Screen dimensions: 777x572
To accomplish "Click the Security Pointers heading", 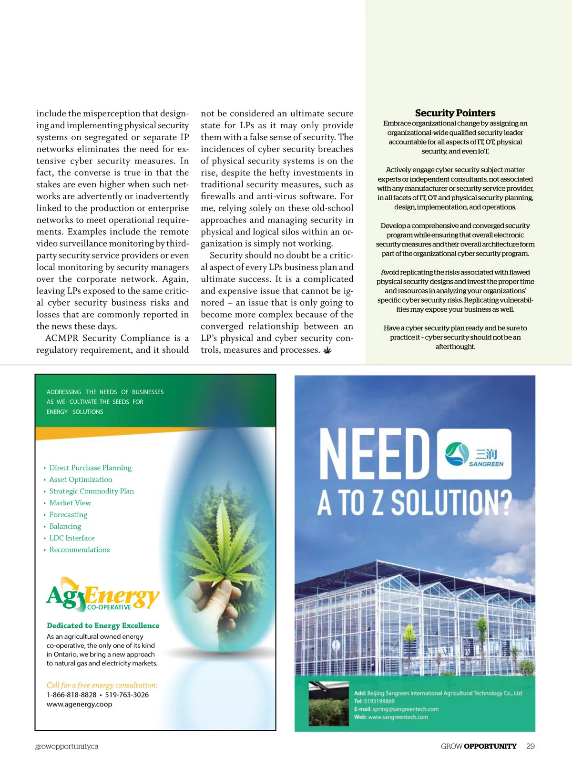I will [455, 113].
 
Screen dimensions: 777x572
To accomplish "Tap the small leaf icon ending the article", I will [327, 350].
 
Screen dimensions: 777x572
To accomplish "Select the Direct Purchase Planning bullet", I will [90, 468].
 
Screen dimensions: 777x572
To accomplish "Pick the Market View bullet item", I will [70, 503].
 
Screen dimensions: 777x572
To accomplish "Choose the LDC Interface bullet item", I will [72, 538].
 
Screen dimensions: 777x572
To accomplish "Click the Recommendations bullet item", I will [80, 550].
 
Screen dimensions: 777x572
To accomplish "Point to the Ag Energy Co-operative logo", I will [102, 594].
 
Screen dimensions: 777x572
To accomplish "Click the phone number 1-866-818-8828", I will [71, 695].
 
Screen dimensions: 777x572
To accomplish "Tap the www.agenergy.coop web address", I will [79, 705].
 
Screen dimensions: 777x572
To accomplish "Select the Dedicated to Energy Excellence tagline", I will [103, 625].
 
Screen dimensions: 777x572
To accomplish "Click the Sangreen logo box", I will [474, 454].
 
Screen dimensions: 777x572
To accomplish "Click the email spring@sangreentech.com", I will [405, 709].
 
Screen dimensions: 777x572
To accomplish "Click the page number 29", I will [531, 746].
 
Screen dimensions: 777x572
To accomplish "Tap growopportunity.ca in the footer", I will [67, 746].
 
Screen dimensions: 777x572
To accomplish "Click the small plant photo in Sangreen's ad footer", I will [328, 704].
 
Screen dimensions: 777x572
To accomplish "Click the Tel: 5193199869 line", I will [374, 701].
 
